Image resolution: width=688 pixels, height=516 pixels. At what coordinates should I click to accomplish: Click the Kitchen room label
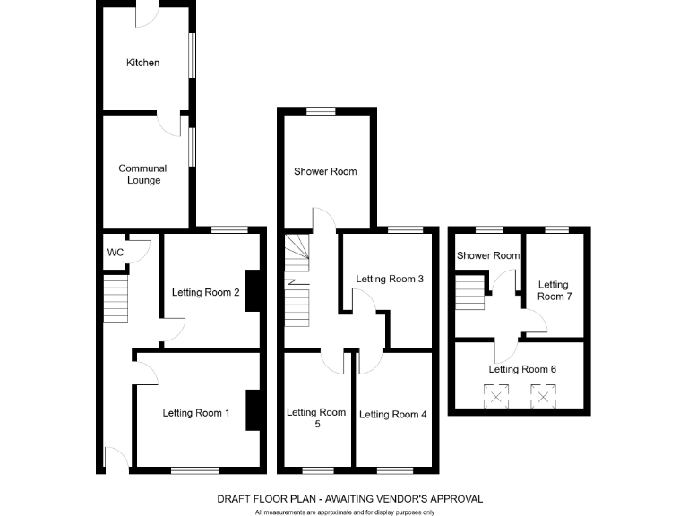tap(143, 63)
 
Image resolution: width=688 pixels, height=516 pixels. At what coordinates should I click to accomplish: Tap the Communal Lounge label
tap(143, 175)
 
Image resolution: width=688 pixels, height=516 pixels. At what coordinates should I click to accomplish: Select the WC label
tap(116, 253)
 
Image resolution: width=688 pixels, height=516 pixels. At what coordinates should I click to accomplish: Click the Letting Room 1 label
tap(196, 413)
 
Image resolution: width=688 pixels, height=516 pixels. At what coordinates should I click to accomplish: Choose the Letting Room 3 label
tap(390, 279)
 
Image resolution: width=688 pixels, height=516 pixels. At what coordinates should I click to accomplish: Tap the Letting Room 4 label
tap(393, 414)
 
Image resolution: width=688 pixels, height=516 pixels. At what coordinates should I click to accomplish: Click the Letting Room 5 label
tap(316, 418)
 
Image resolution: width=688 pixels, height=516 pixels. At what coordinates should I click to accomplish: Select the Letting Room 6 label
tap(522, 369)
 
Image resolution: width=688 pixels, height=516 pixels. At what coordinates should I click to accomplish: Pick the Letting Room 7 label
tap(554, 290)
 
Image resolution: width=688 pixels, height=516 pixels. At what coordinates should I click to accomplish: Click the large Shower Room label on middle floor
tap(325, 172)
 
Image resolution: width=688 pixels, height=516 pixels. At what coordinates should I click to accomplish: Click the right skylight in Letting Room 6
tap(542, 396)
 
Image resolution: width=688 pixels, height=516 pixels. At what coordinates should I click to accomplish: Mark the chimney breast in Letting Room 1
tap(253, 410)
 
